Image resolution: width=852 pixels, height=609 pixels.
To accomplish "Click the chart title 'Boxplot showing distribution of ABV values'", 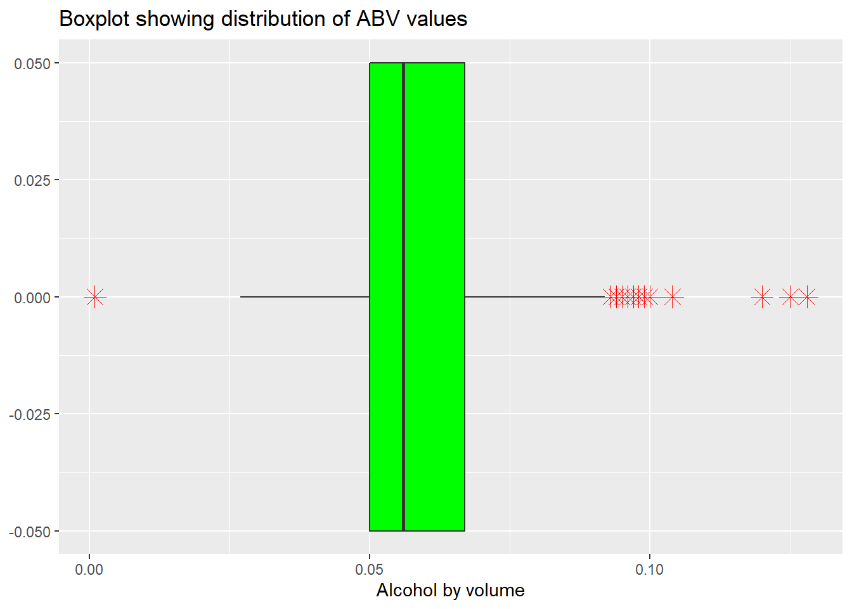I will coord(263,19).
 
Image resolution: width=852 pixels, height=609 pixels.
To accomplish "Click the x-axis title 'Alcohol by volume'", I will coord(450,591).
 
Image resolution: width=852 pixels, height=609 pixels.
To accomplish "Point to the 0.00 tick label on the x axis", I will coord(89,570).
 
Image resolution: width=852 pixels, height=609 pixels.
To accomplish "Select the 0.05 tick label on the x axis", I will coord(370,570).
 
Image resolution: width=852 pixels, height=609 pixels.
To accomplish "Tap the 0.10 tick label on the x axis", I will coord(650,570).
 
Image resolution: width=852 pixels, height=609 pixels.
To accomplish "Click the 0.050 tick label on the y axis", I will coord(32,63).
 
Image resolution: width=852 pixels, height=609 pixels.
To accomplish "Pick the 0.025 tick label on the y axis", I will coord(32,180).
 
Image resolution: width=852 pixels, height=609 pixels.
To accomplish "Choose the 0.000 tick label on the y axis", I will coord(32,298).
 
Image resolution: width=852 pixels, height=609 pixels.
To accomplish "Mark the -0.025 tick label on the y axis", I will coord(30,414).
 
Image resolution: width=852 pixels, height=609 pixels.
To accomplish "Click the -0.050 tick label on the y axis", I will coord(30,532).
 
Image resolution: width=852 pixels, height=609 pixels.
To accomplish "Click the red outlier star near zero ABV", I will coord(95,297).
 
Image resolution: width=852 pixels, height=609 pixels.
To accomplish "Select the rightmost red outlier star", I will coord(807,297).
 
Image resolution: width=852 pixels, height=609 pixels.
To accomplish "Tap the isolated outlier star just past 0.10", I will coord(673,297).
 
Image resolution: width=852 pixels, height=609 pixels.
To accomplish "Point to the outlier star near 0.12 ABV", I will coord(762,297).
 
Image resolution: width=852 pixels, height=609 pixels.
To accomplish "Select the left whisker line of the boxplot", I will coord(304,297).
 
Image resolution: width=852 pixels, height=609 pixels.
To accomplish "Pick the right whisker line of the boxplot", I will coord(532,297).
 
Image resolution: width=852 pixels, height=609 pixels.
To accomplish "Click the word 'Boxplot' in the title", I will coord(95,19).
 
